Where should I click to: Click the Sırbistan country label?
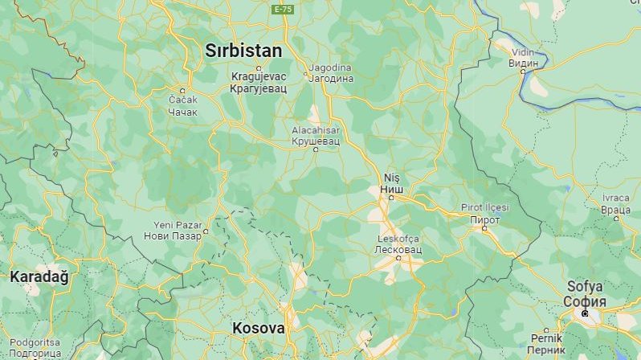243,51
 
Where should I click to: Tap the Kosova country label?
259,328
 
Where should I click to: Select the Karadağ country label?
39,276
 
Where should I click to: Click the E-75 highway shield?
283,9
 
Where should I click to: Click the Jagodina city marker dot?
306,76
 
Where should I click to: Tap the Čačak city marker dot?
182,90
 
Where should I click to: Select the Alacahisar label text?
315,129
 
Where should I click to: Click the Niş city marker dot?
391,197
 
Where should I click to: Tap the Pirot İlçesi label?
484,207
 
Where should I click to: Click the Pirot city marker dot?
484,228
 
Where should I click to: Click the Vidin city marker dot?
523,71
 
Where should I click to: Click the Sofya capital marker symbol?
585,313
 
